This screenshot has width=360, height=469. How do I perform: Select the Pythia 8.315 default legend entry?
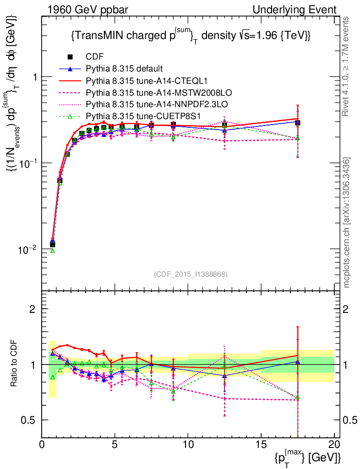pos(124,69)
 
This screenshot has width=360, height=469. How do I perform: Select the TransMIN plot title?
pos(191,36)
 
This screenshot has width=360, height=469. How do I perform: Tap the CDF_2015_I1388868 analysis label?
pos(190,274)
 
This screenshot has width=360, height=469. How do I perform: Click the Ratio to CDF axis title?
pos(15,364)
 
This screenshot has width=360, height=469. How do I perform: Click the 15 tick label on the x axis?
pos(261,444)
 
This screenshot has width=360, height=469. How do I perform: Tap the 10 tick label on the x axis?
pos(188,444)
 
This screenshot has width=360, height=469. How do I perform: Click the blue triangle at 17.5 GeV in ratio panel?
pos(298,362)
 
